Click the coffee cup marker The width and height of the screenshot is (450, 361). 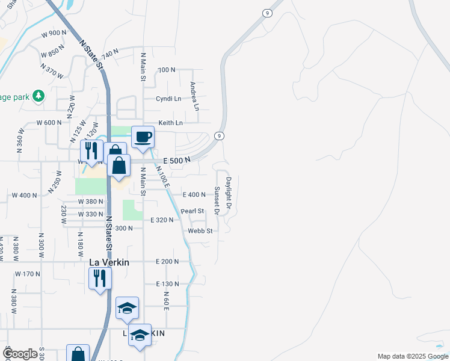coord(143,137)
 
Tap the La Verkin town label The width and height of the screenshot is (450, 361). coord(109,262)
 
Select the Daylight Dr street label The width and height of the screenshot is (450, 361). coord(229,193)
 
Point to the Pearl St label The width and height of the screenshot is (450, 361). coord(193,211)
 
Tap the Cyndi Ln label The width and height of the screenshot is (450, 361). coord(168,99)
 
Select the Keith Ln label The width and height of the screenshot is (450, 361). coord(170,123)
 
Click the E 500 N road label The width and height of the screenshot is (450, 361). coord(177,159)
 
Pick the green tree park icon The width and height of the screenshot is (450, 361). coord(39,95)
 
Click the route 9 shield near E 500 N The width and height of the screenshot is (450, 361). coord(220,136)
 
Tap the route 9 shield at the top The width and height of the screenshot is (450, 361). coord(265,13)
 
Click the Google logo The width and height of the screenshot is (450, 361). coord(20,354)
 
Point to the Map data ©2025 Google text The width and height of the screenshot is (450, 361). coord(412,356)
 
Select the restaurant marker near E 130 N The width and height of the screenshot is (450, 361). coord(99,279)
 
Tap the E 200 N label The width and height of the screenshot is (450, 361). coord(167,262)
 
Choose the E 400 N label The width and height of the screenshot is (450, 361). coord(194,194)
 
